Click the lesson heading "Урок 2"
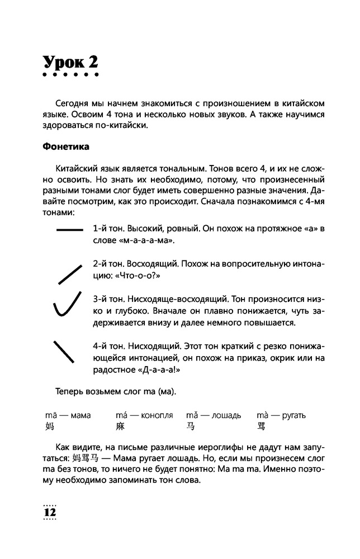[x=70, y=62]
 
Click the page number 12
[x=50, y=512]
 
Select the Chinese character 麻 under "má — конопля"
[x=121, y=427]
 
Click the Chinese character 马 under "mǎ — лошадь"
[x=191, y=427]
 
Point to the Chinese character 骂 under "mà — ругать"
[x=261, y=427]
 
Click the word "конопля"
[x=154, y=415]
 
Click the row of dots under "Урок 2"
[x=70, y=76]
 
